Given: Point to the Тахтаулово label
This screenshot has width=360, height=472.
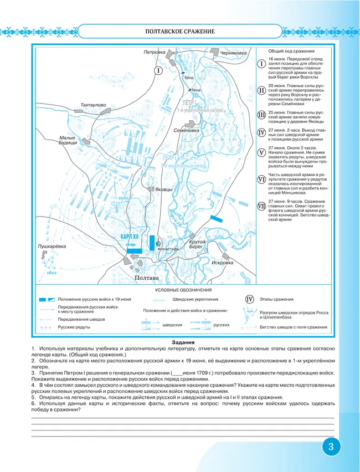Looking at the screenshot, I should pyautogui.click(x=92, y=104).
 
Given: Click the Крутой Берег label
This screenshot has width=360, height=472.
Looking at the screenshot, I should pyautogui.click(x=197, y=245).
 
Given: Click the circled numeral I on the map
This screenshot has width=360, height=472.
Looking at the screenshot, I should pyautogui.click(x=158, y=71).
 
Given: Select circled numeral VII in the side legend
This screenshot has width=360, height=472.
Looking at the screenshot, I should pyautogui.click(x=261, y=206).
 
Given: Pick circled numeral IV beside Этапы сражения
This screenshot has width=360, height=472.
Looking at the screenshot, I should pyautogui.click(x=249, y=299).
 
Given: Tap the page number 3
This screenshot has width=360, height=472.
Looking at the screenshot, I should pyautogui.click(x=331, y=447).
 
